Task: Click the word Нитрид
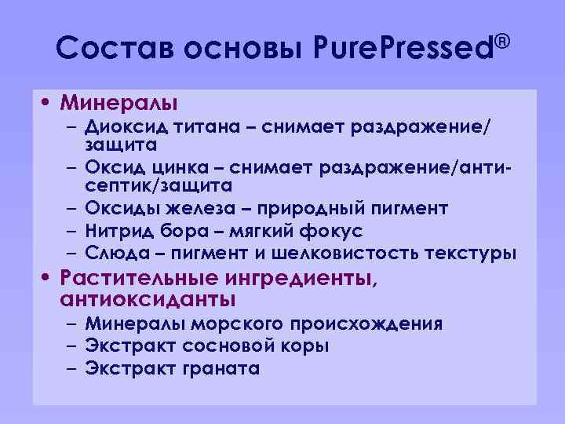118,231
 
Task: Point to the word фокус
331,231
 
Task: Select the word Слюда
114,254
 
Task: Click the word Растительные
141,279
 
